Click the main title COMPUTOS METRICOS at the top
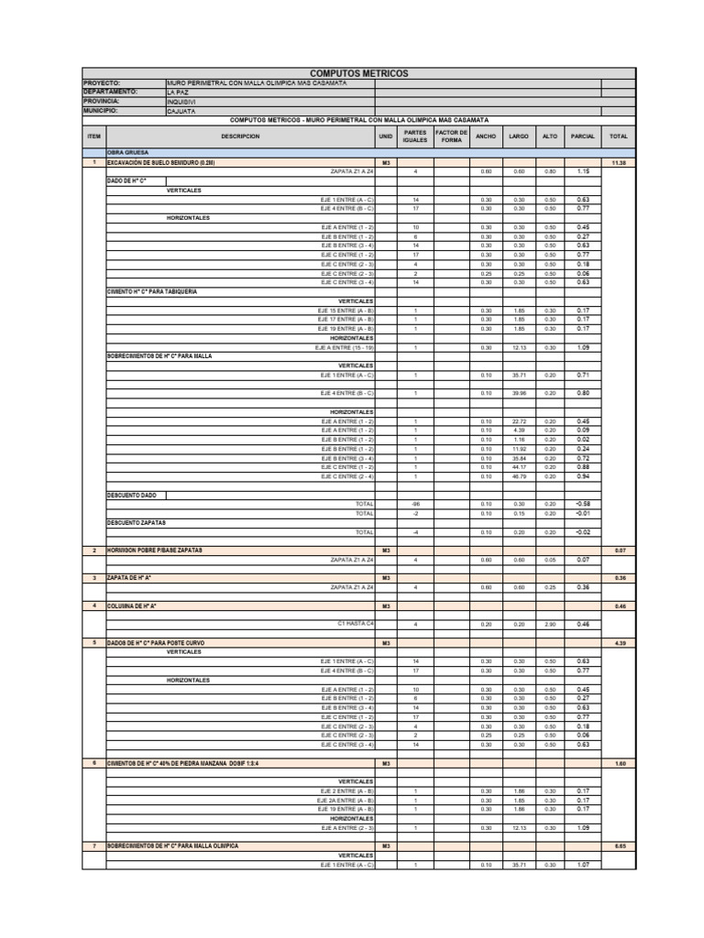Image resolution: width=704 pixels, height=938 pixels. [x=358, y=73]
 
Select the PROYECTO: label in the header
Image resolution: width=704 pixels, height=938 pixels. [x=102, y=83]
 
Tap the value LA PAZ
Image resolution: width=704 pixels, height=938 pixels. [x=179, y=93]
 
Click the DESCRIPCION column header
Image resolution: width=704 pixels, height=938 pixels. [x=240, y=136]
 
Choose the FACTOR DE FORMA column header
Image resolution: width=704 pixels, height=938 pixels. [x=451, y=136]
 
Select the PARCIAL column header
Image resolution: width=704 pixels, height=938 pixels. [x=583, y=136]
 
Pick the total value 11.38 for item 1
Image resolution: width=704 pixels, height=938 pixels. [x=618, y=162]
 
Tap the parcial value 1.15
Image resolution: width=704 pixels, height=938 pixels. [x=583, y=171]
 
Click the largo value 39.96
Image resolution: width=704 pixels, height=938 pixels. [x=519, y=393]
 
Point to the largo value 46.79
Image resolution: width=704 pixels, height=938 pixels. [x=519, y=476]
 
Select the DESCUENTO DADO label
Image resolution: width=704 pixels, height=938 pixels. [x=132, y=495]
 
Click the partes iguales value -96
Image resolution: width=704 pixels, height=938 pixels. [x=415, y=504]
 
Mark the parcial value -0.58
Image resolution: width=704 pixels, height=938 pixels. [x=583, y=504]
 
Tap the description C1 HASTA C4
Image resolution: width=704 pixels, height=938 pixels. [x=356, y=624]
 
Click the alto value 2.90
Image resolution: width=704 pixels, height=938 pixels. [x=550, y=624]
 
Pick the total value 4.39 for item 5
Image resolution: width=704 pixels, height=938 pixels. [x=618, y=643]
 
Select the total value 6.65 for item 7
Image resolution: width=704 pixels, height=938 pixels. [x=618, y=846]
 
